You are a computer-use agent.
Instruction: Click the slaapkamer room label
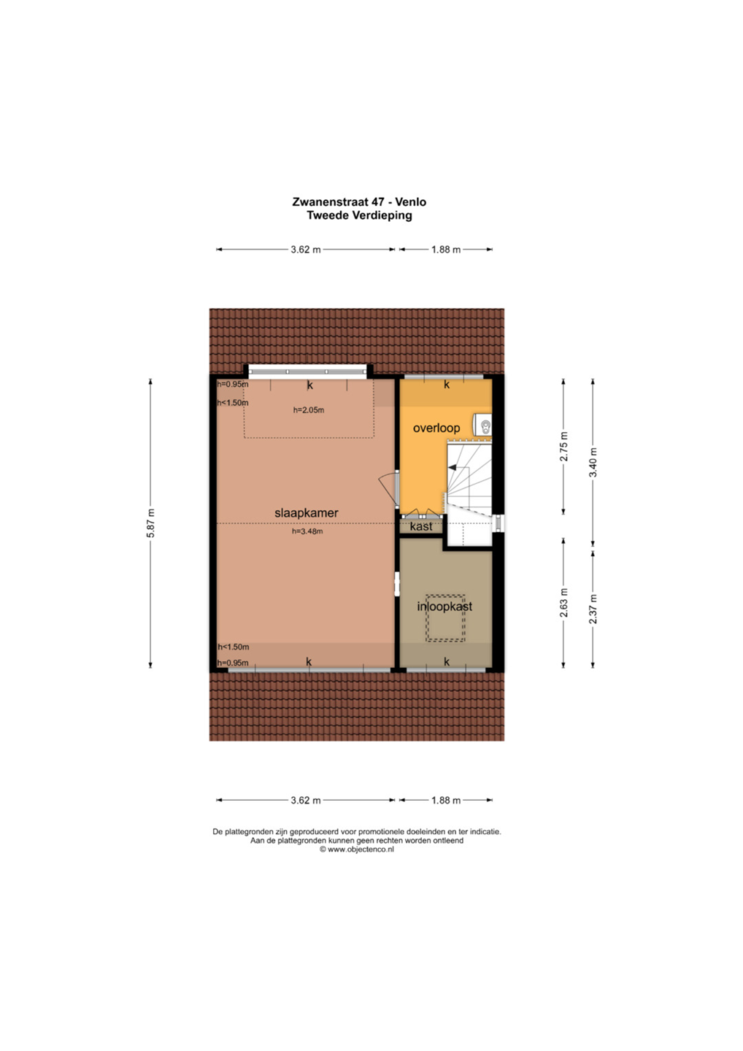[x=307, y=513]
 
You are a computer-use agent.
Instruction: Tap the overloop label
[x=436, y=428]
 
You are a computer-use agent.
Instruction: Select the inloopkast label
[x=444, y=607]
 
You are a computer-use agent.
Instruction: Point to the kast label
[x=420, y=526]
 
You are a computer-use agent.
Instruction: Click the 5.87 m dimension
[x=150, y=523]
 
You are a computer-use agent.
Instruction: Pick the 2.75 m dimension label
[x=563, y=447]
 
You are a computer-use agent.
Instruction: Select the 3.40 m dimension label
[x=593, y=463]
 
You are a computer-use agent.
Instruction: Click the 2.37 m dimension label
[x=593, y=609]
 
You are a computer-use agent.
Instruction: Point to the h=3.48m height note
[x=307, y=531]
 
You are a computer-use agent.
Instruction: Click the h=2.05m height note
[x=309, y=410]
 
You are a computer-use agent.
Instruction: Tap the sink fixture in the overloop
[x=483, y=425]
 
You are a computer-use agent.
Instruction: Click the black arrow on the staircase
[x=453, y=467]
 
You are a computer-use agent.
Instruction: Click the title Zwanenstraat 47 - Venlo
[x=359, y=201]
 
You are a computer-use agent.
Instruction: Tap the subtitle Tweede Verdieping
[x=359, y=216]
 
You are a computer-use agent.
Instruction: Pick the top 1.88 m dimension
[x=446, y=250]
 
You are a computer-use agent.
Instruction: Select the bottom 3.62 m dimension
[x=306, y=800]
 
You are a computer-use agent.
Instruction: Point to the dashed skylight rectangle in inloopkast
[x=445, y=618]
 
